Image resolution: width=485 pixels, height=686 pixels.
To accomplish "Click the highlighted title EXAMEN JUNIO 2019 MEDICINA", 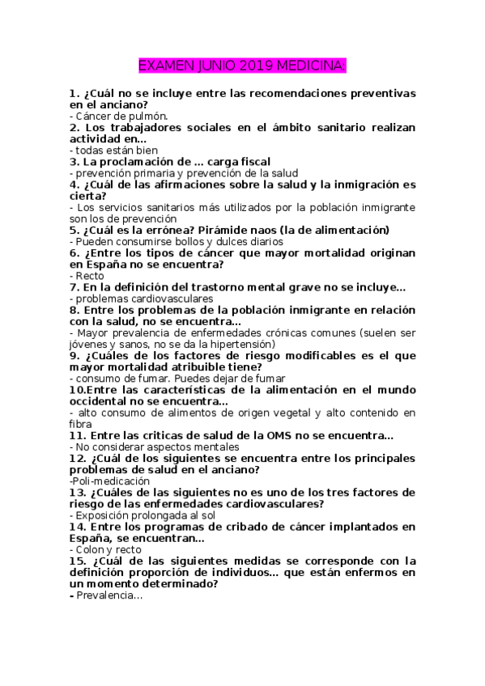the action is pyautogui.click(x=242, y=65).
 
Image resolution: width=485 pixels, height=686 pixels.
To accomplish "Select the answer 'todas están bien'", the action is pyautogui.click(x=114, y=150).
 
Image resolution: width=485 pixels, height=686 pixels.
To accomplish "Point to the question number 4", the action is pyautogui.click(x=74, y=184).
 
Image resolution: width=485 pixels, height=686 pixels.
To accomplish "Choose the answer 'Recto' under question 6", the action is pyautogui.click(x=84, y=275).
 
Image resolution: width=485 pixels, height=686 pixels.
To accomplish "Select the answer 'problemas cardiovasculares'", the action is pyautogui.click(x=140, y=298).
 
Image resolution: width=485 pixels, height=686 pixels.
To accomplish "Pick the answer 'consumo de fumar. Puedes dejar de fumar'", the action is pyautogui.click(x=177, y=378).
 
